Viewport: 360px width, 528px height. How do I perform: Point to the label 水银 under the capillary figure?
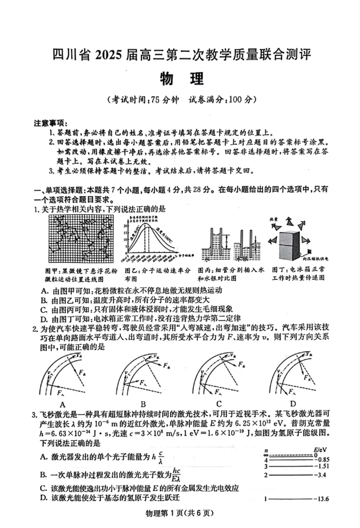click(245, 260)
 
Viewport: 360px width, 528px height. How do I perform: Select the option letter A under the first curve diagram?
click(62, 403)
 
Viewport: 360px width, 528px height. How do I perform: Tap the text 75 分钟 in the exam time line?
click(165, 100)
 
